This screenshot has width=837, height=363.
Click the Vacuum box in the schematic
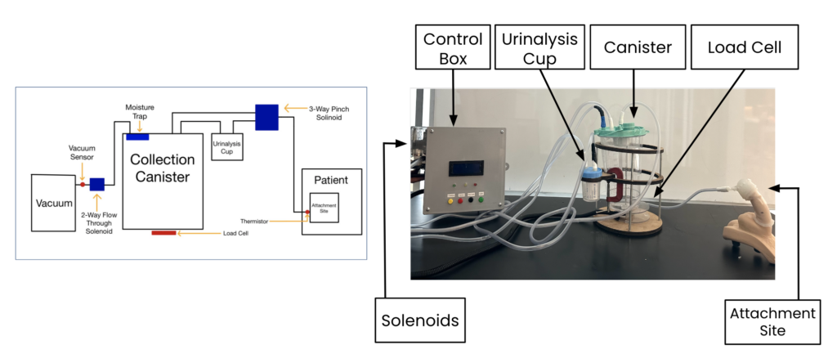click(x=53, y=202)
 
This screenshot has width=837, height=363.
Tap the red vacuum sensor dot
click(x=83, y=184)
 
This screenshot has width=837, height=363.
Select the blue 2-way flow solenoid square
click(x=97, y=184)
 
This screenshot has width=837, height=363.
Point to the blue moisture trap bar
click(x=137, y=137)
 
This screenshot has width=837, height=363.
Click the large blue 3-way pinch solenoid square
click(x=266, y=118)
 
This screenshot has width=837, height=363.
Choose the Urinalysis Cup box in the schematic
click(x=227, y=147)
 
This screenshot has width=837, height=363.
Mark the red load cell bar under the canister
click(x=163, y=233)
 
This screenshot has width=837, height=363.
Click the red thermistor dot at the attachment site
click(x=307, y=212)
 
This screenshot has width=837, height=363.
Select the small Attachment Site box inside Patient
click(x=324, y=208)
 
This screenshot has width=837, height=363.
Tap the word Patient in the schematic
click(x=331, y=180)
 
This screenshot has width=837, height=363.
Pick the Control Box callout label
click(x=453, y=47)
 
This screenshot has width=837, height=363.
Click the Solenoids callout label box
click(x=420, y=320)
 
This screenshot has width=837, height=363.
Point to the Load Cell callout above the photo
click(x=745, y=47)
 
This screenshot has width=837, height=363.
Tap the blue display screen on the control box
click(x=466, y=168)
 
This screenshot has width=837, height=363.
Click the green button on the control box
click(x=481, y=201)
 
